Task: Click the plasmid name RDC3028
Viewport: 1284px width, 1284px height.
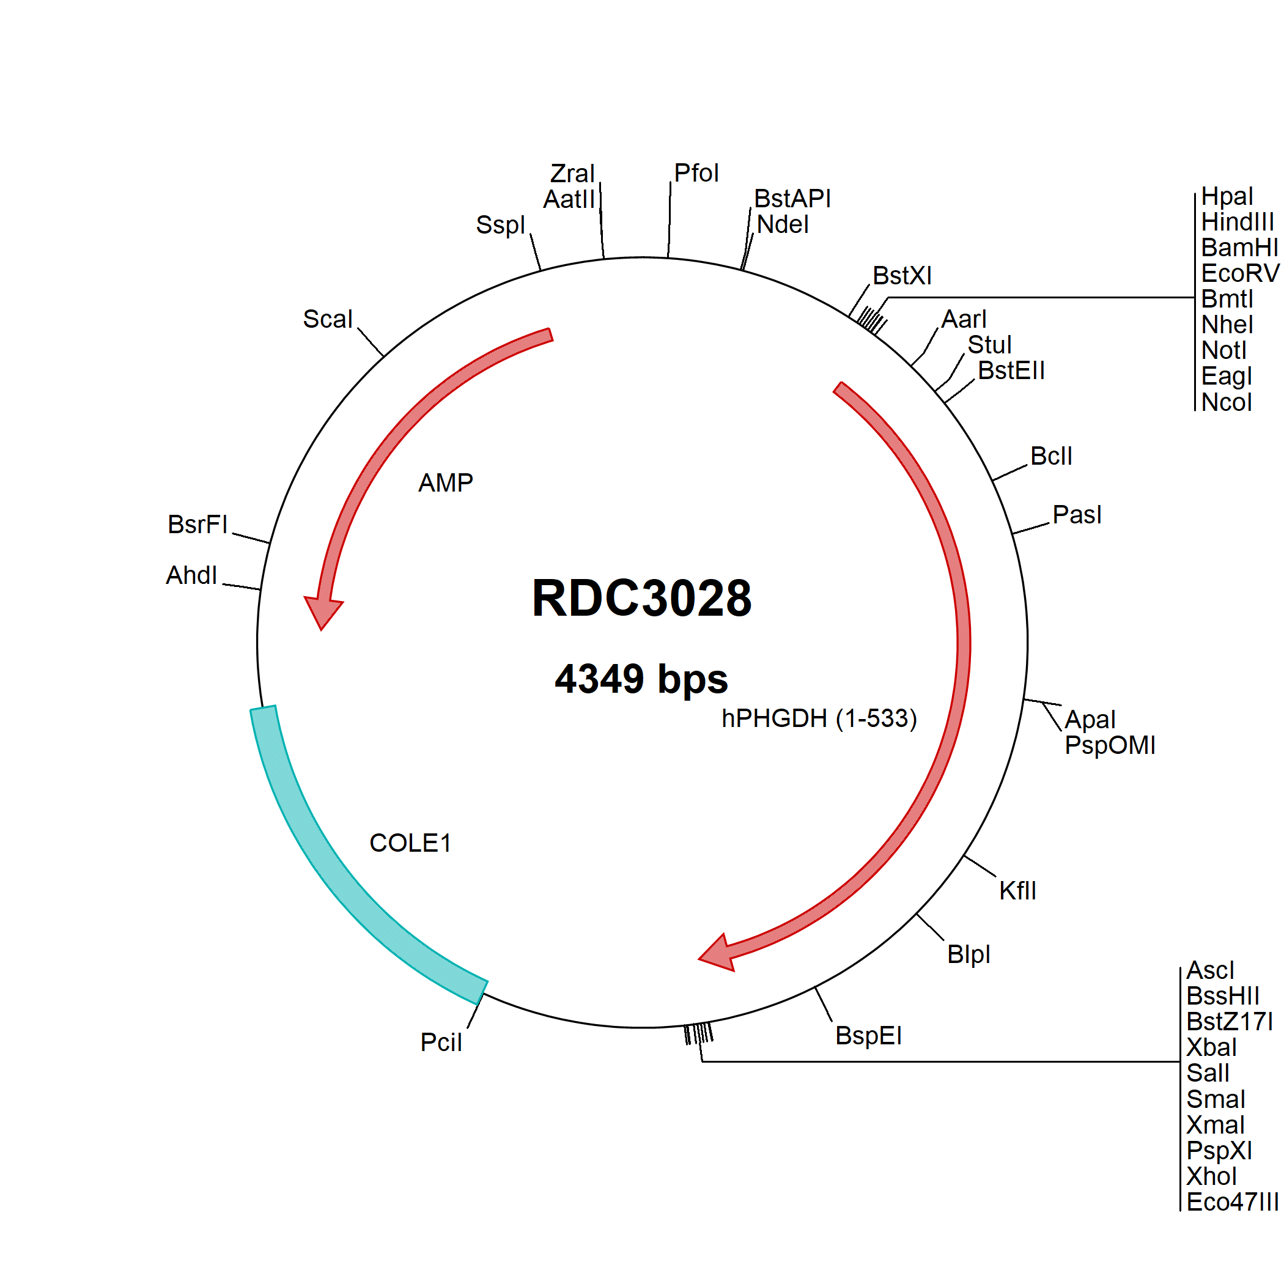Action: [x=641, y=598]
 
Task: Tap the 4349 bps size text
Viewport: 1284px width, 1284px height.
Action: [x=641, y=679]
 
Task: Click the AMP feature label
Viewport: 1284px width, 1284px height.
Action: [x=445, y=483]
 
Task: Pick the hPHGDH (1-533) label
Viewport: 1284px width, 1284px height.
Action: [x=819, y=718]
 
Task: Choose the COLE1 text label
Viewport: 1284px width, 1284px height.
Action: [x=410, y=843]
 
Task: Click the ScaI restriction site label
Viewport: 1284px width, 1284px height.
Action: [x=328, y=319]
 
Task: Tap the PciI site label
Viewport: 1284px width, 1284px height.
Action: [x=441, y=1042]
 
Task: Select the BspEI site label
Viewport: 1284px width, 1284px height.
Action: [x=868, y=1035]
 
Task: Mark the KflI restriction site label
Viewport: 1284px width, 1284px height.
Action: [x=1017, y=891]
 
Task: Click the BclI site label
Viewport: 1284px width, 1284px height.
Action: [x=1050, y=456]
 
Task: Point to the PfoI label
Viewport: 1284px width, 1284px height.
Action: [x=696, y=173]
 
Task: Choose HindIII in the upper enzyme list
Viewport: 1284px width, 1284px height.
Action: [x=1237, y=221]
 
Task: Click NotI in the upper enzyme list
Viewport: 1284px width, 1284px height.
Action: [x=1223, y=350]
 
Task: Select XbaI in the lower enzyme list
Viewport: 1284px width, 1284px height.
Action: [x=1211, y=1047]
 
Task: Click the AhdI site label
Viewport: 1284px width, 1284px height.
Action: [x=191, y=575]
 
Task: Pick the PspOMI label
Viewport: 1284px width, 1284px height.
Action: [x=1109, y=745]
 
